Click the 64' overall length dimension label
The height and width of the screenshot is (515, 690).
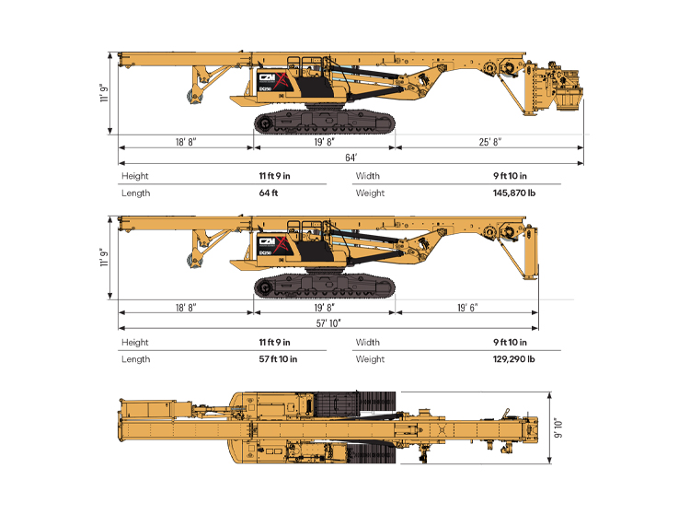coord(351,158)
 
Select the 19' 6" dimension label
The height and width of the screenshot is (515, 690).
coord(466,307)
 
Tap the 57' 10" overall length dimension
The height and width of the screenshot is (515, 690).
coord(328,322)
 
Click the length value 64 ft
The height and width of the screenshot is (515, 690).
coord(269,193)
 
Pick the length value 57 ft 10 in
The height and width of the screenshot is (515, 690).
coord(278,358)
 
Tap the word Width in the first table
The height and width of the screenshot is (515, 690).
coord(368,176)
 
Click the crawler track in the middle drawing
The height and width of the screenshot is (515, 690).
coord(324,286)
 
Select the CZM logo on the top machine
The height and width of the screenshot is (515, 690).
coord(270,79)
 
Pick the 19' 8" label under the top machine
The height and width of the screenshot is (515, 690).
coord(324,141)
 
